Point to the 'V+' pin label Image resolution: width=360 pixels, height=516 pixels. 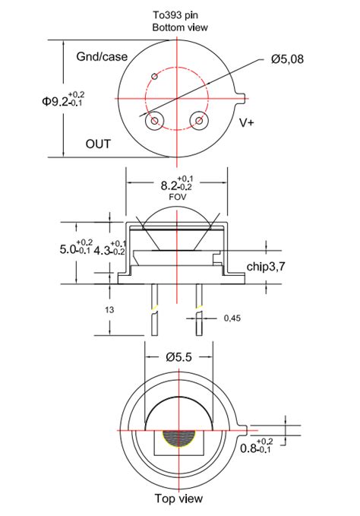247,122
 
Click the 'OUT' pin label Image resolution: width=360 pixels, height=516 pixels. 98,143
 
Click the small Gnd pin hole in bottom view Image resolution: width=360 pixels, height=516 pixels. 155,75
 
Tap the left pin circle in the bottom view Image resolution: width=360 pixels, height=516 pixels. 157,120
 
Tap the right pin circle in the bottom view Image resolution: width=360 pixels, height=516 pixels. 201,120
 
